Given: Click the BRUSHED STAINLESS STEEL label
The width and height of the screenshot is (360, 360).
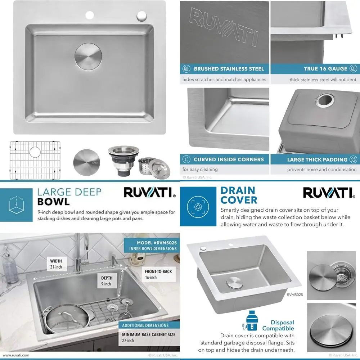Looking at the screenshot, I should pyautogui.click(x=229, y=68).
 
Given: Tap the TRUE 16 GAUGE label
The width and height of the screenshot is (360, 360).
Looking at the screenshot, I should pyautogui.click(x=325, y=68).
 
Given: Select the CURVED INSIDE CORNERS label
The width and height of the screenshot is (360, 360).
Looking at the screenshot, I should pyautogui.click(x=229, y=159).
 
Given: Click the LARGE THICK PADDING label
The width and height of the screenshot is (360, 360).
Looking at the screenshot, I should pyautogui.click(x=317, y=159).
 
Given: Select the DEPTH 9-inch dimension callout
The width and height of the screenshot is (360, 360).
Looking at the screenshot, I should pyautogui.click(x=107, y=281).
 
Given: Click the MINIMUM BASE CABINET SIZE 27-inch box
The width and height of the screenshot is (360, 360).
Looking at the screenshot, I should pyautogui.click(x=148, y=337).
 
